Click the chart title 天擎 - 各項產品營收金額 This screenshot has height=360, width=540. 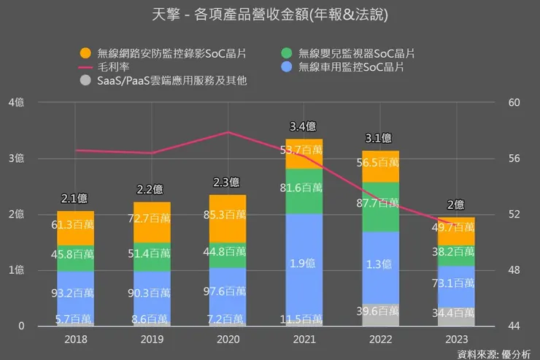click(269, 15)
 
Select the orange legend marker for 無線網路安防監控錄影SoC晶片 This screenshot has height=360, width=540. click(85, 53)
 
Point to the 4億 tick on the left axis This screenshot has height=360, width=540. click(16, 103)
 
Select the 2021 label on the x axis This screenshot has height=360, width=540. click(304, 340)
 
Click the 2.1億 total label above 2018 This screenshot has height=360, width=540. click(76, 198)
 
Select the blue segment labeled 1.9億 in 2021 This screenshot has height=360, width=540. click(304, 263)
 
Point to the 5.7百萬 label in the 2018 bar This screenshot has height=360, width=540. click(76, 319)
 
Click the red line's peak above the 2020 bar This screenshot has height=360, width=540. click(228, 132)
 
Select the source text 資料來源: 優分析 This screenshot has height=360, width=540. click(494, 353)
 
